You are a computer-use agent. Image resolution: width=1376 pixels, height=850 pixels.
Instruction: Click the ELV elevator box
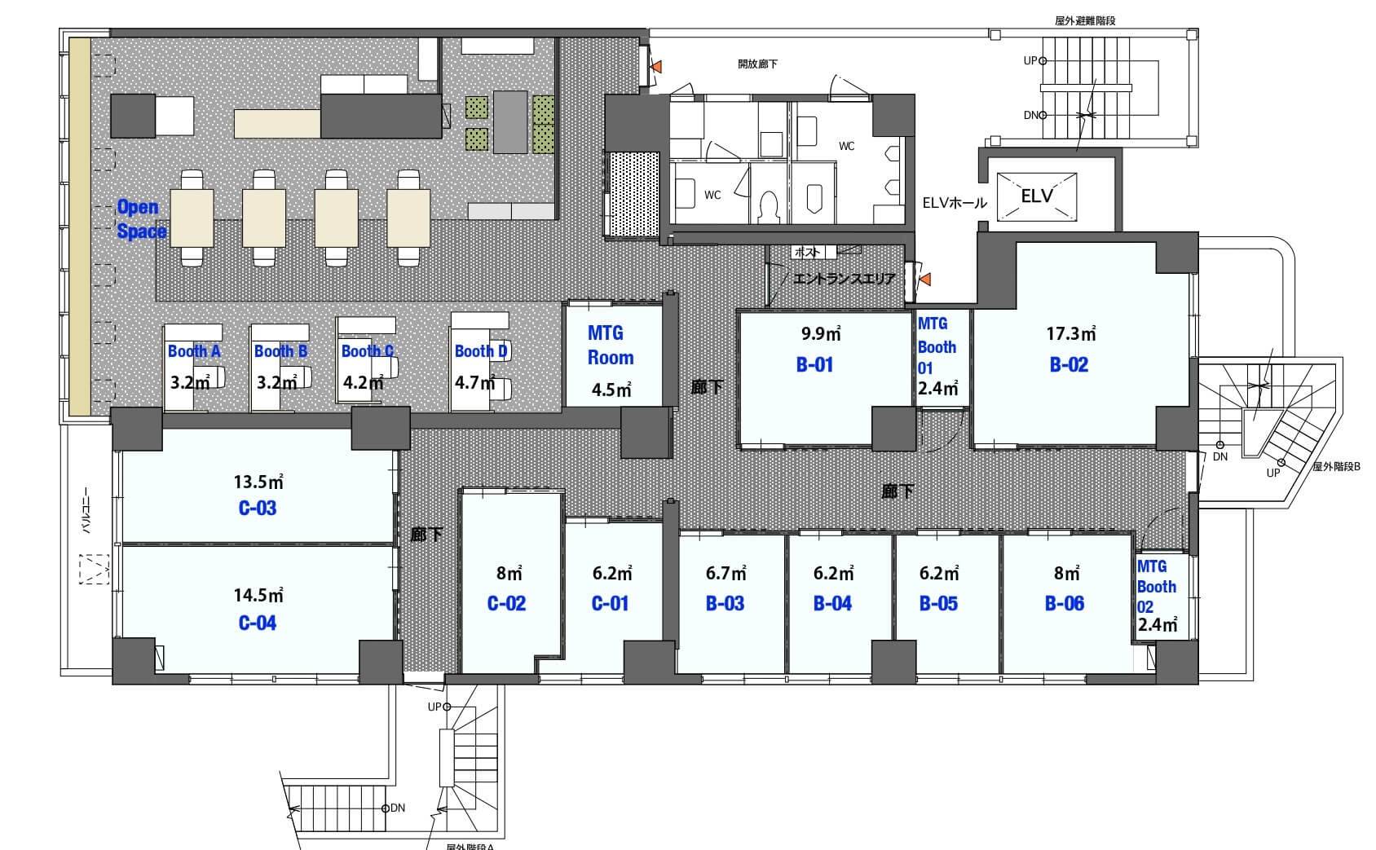tap(1036, 196)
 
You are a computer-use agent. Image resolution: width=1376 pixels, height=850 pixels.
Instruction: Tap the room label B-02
tap(1069, 365)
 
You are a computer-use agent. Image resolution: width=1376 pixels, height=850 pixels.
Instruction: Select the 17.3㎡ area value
tap(1071, 333)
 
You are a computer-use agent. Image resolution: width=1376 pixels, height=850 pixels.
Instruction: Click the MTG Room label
tap(610, 346)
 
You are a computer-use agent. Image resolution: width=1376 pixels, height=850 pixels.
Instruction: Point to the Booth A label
tap(194, 351)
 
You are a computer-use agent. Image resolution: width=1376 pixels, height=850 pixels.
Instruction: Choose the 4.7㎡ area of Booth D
tap(475, 383)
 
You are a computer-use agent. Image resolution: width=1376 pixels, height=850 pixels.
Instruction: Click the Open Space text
tap(141, 219)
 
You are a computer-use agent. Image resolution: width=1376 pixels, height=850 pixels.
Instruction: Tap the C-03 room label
tap(258, 508)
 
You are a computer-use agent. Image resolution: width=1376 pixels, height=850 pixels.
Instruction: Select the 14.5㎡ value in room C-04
tap(258, 595)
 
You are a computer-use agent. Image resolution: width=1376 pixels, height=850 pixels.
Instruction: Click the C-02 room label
tap(507, 603)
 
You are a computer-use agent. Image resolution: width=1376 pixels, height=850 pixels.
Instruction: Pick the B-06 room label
tap(1065, 603)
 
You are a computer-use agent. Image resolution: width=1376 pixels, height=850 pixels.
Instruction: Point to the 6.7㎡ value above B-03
tap(726, 573)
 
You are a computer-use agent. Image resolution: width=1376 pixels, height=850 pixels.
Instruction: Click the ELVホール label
tap(955, 203)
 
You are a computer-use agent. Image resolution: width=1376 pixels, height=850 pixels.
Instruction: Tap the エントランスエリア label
tap(844, 279)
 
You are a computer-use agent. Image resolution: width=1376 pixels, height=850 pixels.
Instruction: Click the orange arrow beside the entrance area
tap(924, 280)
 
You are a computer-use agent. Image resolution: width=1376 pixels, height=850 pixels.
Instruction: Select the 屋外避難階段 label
tap(1085, 21)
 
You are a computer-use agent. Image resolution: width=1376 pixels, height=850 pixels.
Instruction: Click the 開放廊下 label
tap(757, 64)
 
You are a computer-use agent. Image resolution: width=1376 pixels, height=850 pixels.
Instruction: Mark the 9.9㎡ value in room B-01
tap(822, 333)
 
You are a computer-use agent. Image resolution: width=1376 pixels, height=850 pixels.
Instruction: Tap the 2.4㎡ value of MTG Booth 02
tap(1158, 624)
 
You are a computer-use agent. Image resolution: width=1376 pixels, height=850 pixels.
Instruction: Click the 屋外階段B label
tap(1337, 467)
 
